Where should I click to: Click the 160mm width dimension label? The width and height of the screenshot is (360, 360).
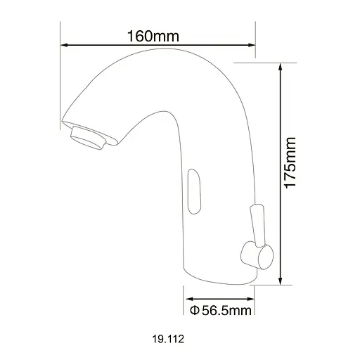[153, 36]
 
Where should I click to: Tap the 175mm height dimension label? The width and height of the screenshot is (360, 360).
[290, 162]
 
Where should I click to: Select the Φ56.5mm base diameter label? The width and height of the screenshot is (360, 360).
[221, 311]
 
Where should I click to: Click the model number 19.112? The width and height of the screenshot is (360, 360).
[168, 339]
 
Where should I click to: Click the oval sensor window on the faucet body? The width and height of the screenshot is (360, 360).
[194, 191]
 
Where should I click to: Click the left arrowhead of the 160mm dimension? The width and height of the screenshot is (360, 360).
[64, 45]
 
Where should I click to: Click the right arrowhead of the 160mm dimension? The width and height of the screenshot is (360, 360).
[251, 45]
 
